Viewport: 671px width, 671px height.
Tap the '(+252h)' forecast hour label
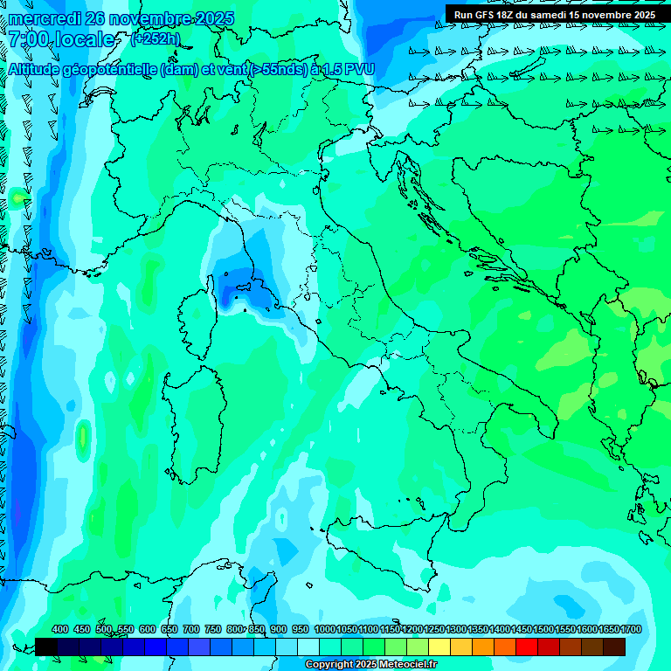click(156, 38)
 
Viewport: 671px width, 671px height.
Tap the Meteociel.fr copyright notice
click(370, 665)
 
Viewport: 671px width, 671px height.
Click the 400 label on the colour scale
click(60, 630)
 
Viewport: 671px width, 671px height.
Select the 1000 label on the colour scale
click(325, 630)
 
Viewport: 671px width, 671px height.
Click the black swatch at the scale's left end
click(46, 647)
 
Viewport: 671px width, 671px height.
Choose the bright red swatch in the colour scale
click(527, 647)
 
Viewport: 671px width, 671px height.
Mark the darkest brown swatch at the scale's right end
click(614, 647)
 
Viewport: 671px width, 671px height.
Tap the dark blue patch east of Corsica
click(238, 288)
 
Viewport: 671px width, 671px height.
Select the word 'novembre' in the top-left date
click(140, 18)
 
